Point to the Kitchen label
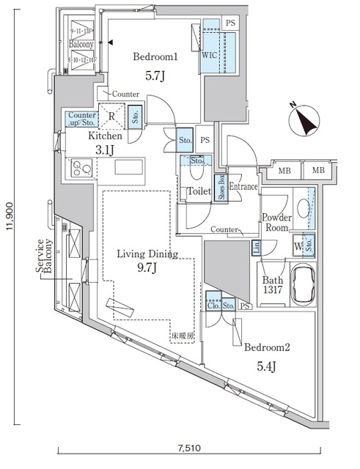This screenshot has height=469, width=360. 105,136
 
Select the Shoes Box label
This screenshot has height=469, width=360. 220,188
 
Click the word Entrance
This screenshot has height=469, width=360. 243,187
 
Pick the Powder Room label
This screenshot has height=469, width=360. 276,222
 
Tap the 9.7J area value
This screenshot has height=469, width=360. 144,272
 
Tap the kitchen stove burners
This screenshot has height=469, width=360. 81,169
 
